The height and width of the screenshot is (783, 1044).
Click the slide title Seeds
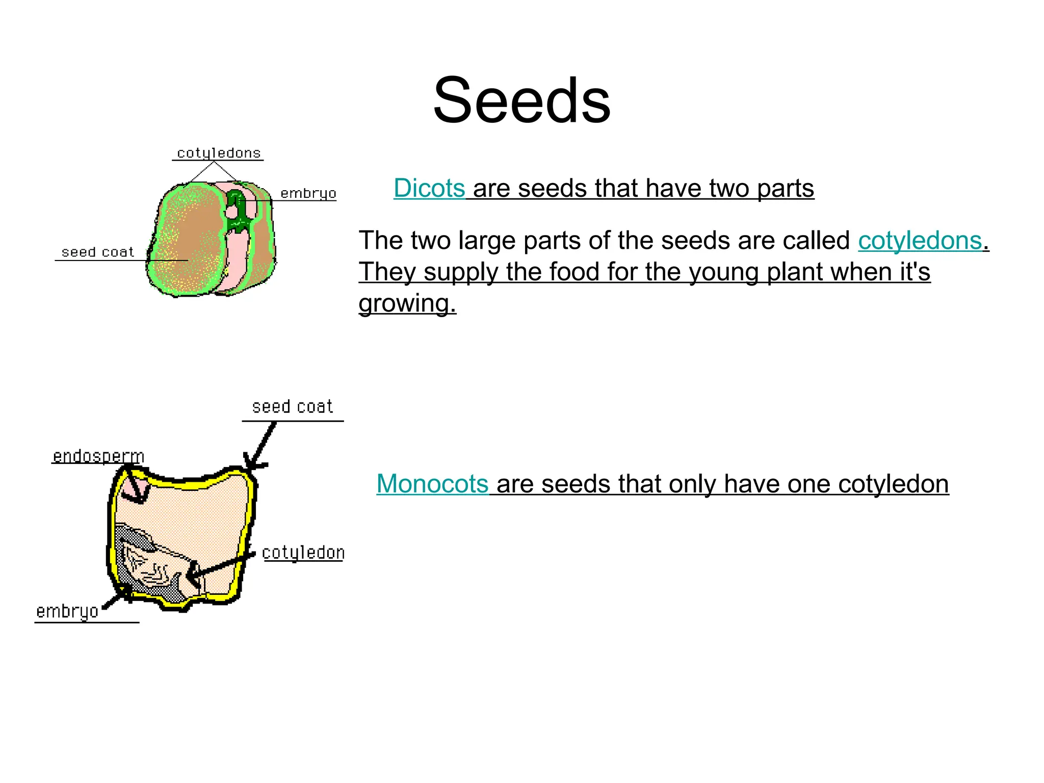(x=521, y=100)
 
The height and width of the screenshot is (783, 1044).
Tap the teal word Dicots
(x=429, y=188)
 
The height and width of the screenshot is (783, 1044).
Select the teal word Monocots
(x=432, y=483)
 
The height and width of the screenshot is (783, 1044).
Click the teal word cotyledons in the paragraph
(x=920, y=241)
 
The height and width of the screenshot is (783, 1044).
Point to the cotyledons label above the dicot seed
(x=219, y=153)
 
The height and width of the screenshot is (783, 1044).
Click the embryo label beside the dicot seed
(x=308, y=194)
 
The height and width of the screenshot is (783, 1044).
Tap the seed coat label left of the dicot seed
(x=98, y=252)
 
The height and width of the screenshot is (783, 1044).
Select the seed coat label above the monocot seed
(x=292, y=407)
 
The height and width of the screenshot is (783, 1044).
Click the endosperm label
(x=98, y=456)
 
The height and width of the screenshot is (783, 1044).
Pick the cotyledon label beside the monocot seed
(x=303, y=553)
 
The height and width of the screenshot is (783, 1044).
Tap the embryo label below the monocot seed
(x=67, y=611)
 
